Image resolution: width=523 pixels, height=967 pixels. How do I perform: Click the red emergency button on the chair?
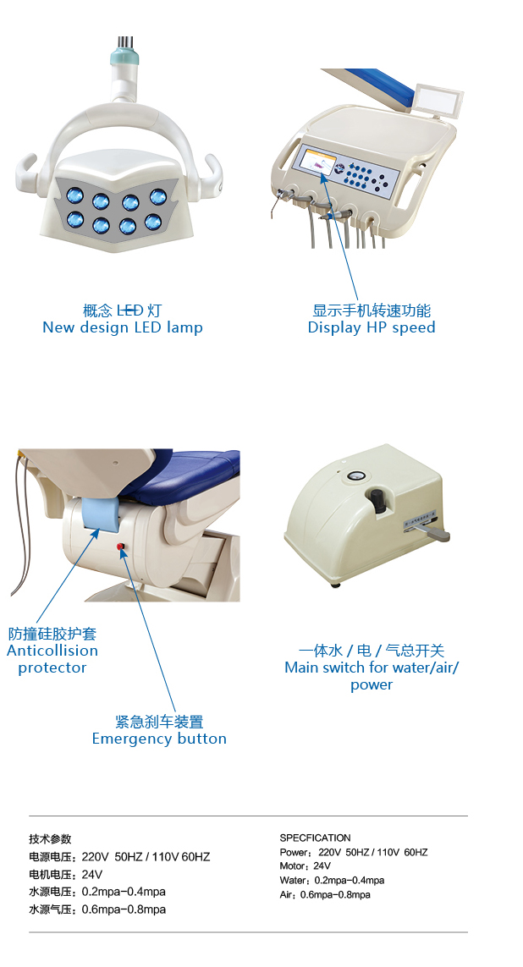120,547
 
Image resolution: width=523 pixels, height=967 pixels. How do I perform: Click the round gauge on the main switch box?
355,476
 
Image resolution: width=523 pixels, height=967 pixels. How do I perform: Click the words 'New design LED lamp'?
123,327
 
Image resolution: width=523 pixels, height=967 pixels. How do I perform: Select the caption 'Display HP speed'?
372,327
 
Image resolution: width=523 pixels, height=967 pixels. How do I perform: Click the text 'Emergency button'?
159,739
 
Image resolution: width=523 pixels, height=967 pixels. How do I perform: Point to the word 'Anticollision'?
52,651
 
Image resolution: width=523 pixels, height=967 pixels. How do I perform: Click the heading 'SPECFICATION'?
315,838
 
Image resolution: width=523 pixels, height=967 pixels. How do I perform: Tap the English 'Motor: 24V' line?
306,865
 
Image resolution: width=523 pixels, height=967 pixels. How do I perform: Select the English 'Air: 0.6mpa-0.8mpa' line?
325,895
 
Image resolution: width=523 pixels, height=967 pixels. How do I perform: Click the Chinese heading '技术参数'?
50,838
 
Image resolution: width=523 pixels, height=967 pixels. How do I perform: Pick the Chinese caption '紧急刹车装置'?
159,722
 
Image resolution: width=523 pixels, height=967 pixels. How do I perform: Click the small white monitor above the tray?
439,99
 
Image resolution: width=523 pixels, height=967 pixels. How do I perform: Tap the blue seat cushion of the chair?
185,473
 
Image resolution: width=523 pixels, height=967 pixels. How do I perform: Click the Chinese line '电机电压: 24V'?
66,875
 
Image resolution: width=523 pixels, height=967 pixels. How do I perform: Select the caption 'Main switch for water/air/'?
372,668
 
